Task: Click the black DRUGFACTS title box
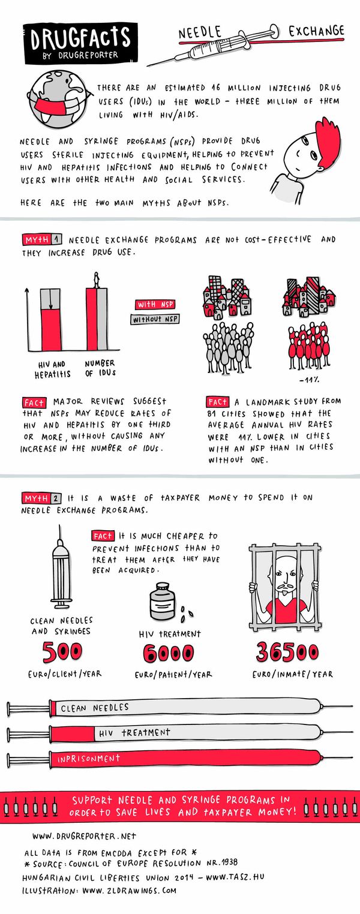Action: (x=80, y=43)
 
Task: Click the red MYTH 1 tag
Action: (x=41, y=240)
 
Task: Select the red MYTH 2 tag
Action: (x=41, y=498)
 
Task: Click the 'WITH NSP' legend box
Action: (x=154, y=305)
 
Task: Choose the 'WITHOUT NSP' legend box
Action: (x=154, y=320)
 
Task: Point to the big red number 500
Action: (x=62, y=651)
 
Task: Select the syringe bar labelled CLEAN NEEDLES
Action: (x=180, y=708)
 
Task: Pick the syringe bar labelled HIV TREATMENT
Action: (x=180, y=733)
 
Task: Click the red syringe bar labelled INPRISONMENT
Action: (x=180, y=759)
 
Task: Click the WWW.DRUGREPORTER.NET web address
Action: (x=84, y=835)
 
